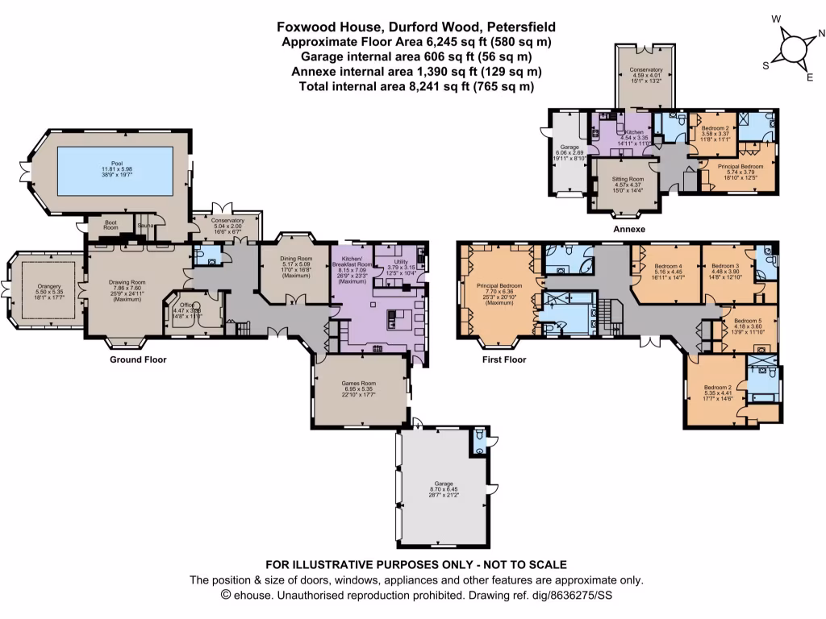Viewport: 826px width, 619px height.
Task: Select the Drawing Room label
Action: (126, 281)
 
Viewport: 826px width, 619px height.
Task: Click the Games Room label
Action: (357, 383)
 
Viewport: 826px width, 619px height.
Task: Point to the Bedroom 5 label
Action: (747, 320)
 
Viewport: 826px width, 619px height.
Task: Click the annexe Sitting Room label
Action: (626, 178)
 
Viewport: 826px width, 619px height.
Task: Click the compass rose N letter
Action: (821, 34)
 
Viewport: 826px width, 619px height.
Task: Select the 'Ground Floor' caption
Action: (138, 359)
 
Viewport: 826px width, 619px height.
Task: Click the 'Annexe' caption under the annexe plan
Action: (630, 230)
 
